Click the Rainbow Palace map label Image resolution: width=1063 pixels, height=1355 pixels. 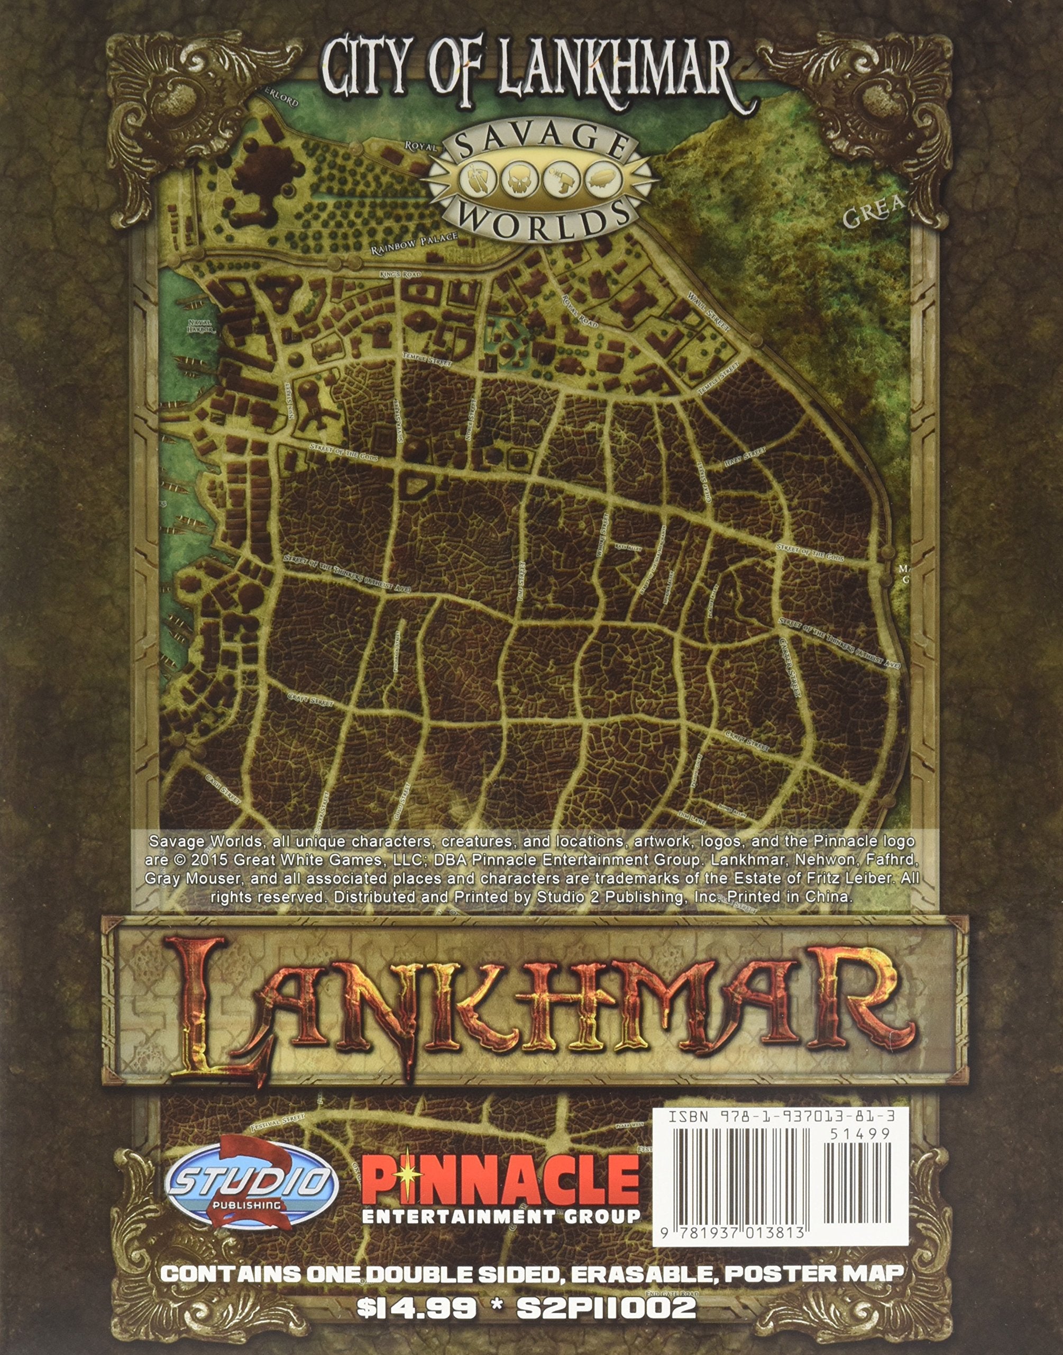pos(415,243)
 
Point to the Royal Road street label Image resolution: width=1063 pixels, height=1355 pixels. pos(579,311)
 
